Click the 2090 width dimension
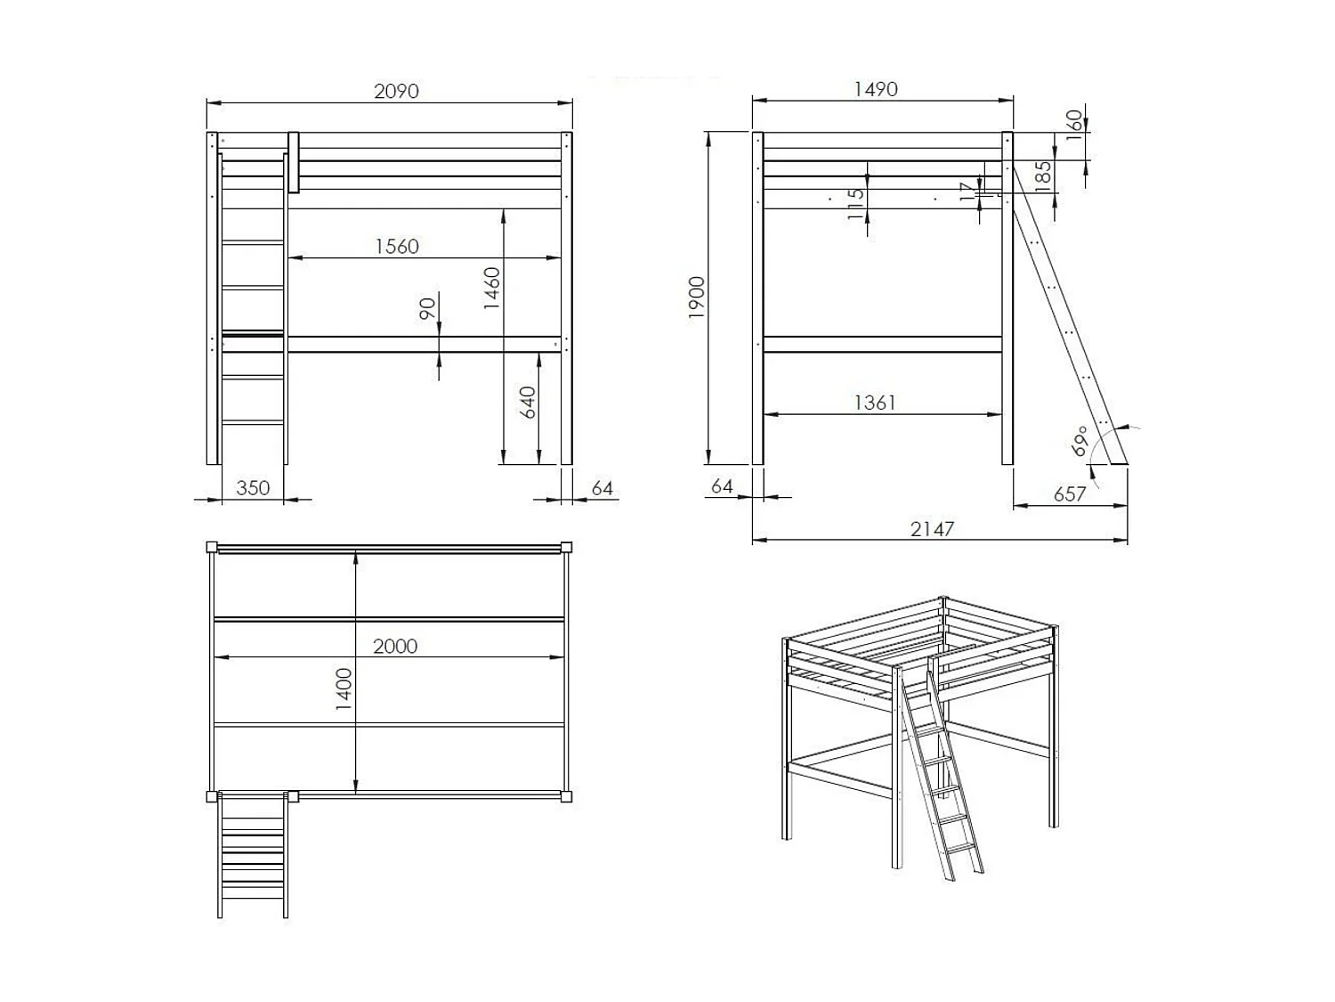coord(396,91)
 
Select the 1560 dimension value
coord(397,247)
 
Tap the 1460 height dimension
coord(492,288)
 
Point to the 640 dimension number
coord(528,403)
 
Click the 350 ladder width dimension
coord(253,488)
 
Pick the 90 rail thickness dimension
coord(428,308)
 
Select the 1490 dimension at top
coord(876,89)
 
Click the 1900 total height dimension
coord(697,297)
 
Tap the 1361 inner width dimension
coord(875,403)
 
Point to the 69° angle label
coord(1080,441)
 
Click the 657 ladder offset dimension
coord(1070,494)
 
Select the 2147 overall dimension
coord(932,529)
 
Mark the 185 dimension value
coord(1044,173)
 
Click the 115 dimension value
coord(856,204)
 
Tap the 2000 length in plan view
coord(395,647)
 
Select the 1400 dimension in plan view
coord(344,688)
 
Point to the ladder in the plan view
coord(253,855)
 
